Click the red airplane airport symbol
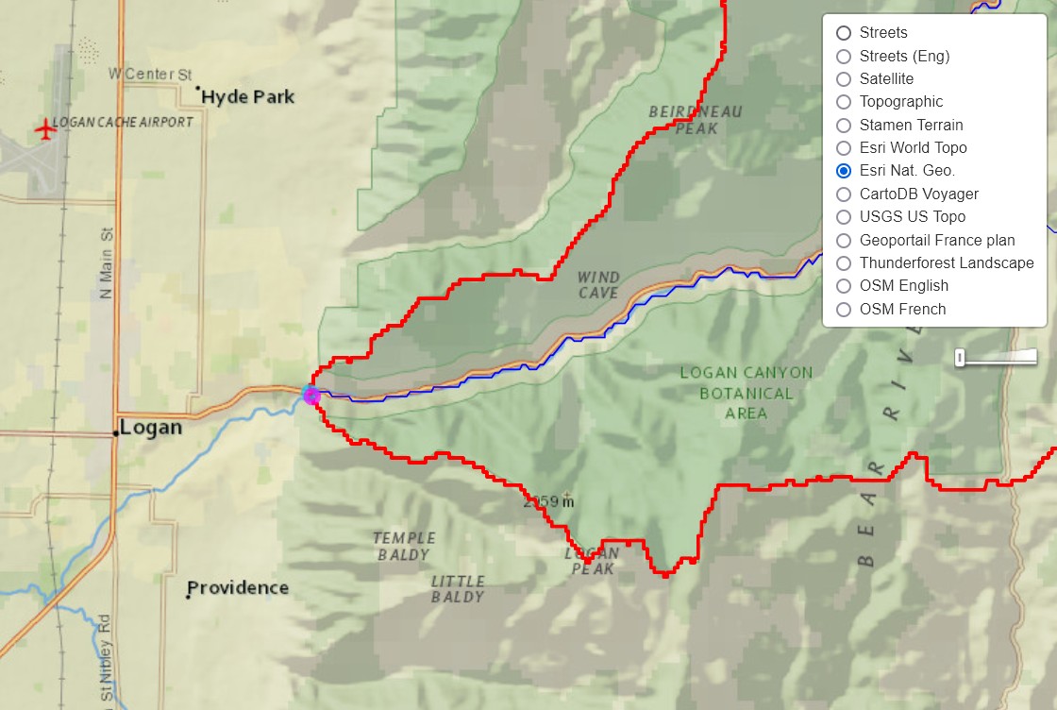tap(44, 128)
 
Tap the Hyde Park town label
tap(247, 96)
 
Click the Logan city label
tap(151, 427)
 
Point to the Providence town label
tap(238, 587)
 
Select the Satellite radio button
tap(844, 78)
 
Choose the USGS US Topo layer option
tap(844, 216)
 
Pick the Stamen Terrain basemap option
tap(844, 125)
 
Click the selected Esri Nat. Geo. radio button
tap(844, 171)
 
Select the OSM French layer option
tap(844, 309)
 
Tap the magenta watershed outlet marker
tap(311, 396)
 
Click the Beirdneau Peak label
tap(696, 120)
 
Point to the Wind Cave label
tap(598, 285)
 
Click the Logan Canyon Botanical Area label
tap(746, 393)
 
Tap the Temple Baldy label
tap(404, 547)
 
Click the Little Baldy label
tap(458, 589)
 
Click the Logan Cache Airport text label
tap(123, 122)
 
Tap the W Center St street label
tap(150, 74)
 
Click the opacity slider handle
tap(960, 357)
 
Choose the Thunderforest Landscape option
tap(844, 262)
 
